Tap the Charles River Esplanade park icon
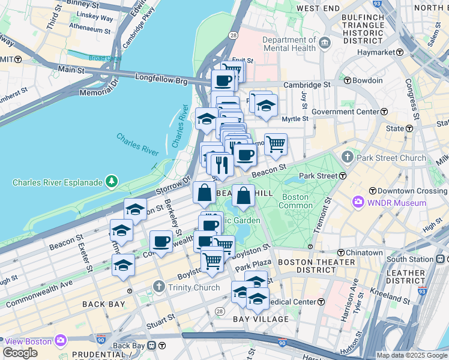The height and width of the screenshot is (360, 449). [x=111, y=181]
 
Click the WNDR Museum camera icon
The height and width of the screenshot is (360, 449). [x=359, y=202]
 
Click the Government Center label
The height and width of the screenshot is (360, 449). [x=345, y=112]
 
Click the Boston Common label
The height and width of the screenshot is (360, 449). [x=295, y=201]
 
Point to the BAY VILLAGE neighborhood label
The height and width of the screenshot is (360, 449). [x=261, y=319]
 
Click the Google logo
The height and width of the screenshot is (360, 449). [x=20, y=353]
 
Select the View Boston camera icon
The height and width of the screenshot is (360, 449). [x=61, y=341]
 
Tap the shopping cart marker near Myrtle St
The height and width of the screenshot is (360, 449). [x=276, y=143]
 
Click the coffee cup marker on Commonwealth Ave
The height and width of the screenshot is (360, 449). [x=161, y=241]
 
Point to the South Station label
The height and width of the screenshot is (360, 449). [x=409, y=259]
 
